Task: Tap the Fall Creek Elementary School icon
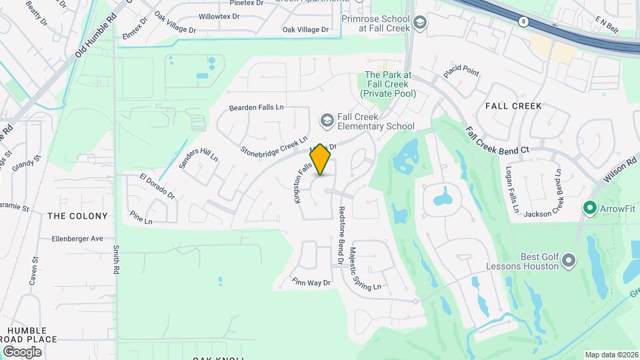click(x=327, y=120)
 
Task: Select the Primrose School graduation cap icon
click(x=419, y=24)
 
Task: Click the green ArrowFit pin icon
click(x=589, y=209)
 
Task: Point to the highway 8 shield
click(x=523, y=21)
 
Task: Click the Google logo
click(x=22, y=351)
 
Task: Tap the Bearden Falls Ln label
click(x=257, y=107)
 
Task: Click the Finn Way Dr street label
click(x=311, y=283)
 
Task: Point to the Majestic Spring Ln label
click(x=365, y=269)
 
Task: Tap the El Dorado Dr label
click(x=157, y=187)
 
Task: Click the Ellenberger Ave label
click(x=78, y=238)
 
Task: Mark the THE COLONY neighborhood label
click(x=77, y=216)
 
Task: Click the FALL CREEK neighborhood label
click(x=513, y=106)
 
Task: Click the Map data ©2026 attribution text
click(x=611, y=355)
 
